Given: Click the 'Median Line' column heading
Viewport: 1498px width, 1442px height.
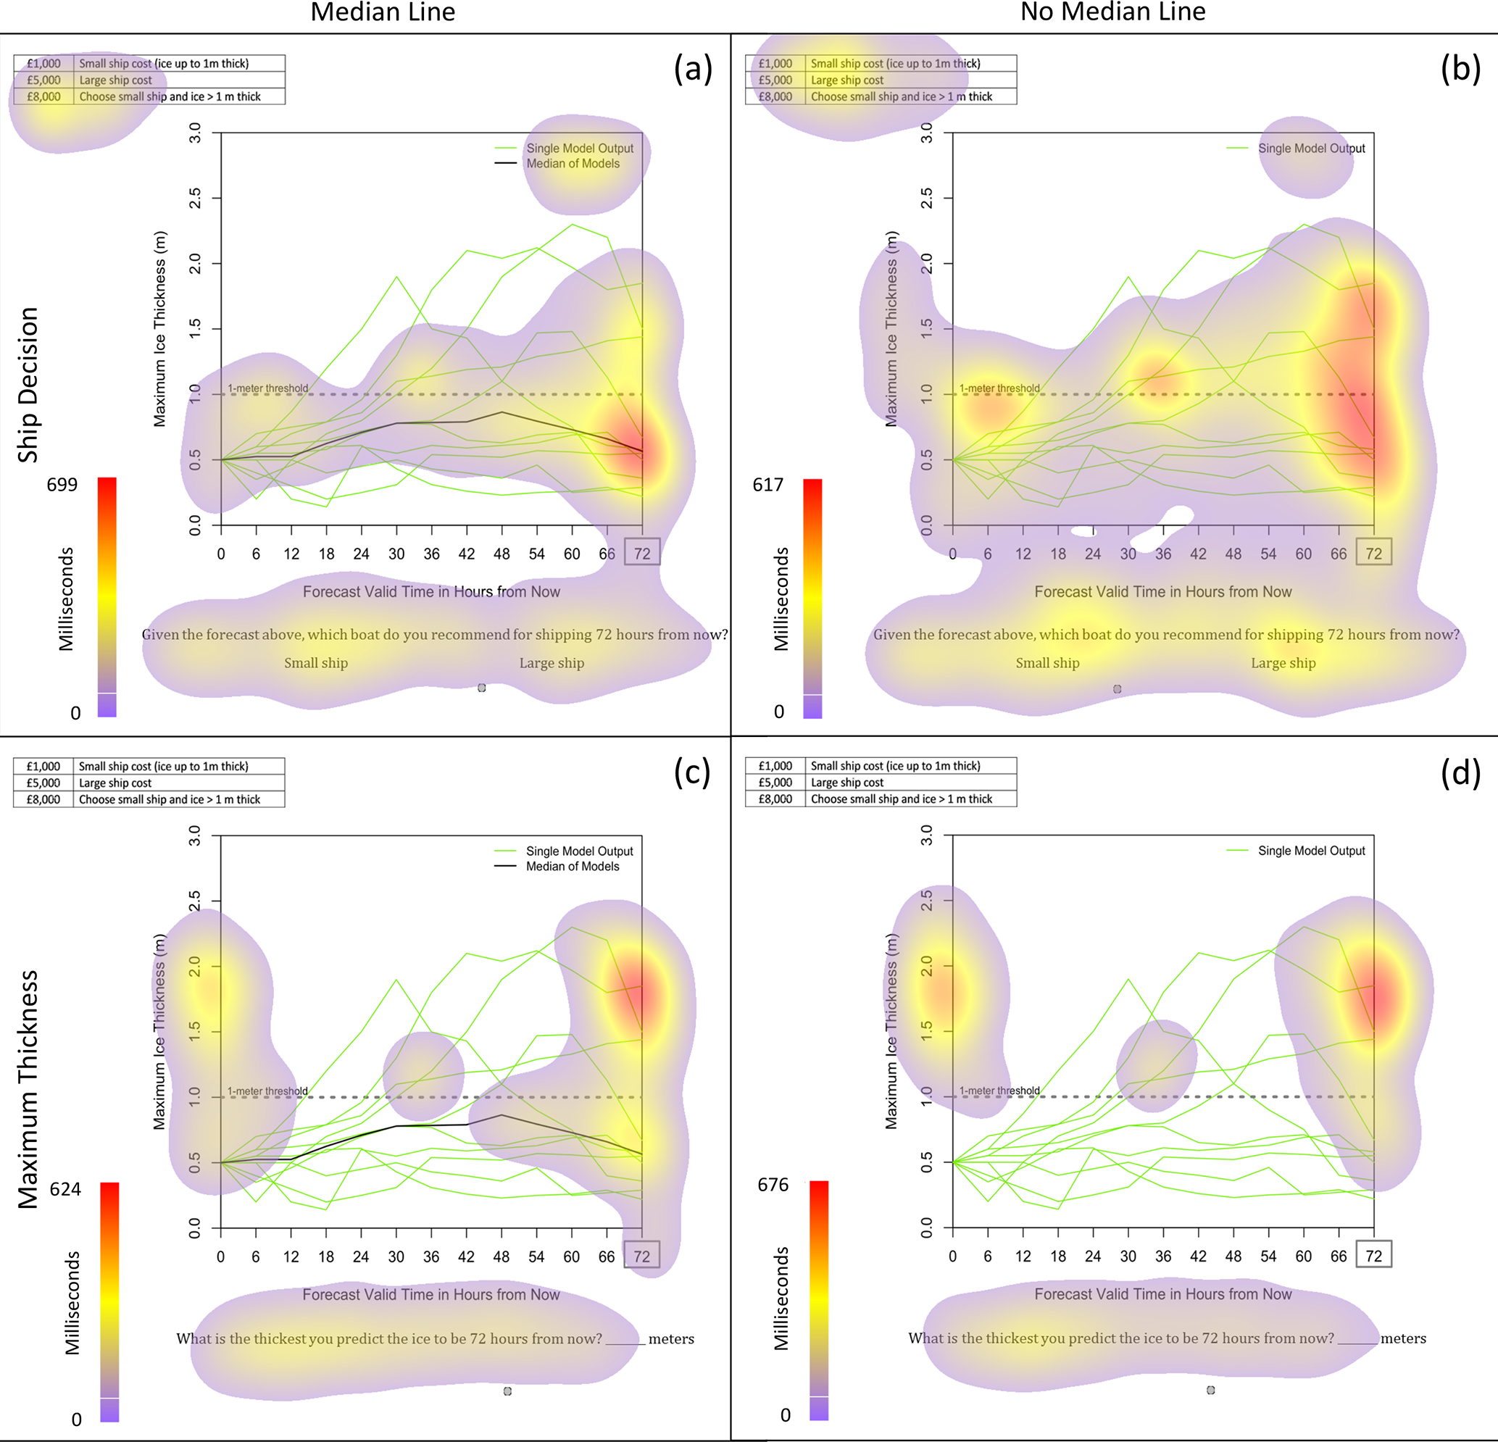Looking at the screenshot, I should pyautogui.click(x=382, y=12).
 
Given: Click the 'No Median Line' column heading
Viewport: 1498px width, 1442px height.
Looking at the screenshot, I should pyautogui.click(x=1112, y=12).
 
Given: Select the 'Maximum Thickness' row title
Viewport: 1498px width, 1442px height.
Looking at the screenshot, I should pyautogui.click(x=28, y=1088).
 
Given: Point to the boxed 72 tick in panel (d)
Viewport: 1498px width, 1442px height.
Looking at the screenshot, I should pyautogui.click(x=1373, y=1255).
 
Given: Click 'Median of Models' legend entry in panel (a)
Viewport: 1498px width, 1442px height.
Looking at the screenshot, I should pyautogui.click(x=573, y=164).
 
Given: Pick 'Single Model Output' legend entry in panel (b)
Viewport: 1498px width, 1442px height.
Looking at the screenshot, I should pyautogui.click(x=1311, y=149).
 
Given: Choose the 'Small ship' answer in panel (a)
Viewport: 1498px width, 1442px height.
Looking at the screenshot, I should pyautogui.click(x=316, y=662).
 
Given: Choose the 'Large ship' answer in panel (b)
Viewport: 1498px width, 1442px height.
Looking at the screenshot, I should pyautogui.click(x=1283, y=662).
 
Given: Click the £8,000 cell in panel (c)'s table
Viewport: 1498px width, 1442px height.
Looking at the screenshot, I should pyautogui.click(x=43, y=799).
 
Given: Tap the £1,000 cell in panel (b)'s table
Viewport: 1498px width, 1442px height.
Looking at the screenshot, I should pyautogui.click(x=775, y=64).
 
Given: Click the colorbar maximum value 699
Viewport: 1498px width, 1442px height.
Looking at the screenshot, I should pyautogui.click(x=62, y=485).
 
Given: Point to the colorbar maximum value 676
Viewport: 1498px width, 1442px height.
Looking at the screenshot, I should pyautogui.click(x=773, y=1185).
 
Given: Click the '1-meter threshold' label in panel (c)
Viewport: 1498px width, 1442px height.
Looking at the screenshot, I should pyautogui.click(x=267, y=1091).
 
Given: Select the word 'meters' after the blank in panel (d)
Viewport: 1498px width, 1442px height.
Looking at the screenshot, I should pyautogui.click(x=1403, y=1338).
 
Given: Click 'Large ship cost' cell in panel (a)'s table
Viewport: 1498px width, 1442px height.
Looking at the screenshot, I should pyautogui.click(x=115, y=80).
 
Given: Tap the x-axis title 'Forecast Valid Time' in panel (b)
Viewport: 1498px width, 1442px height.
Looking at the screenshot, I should pyautogui.click(x=1162, y=591).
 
